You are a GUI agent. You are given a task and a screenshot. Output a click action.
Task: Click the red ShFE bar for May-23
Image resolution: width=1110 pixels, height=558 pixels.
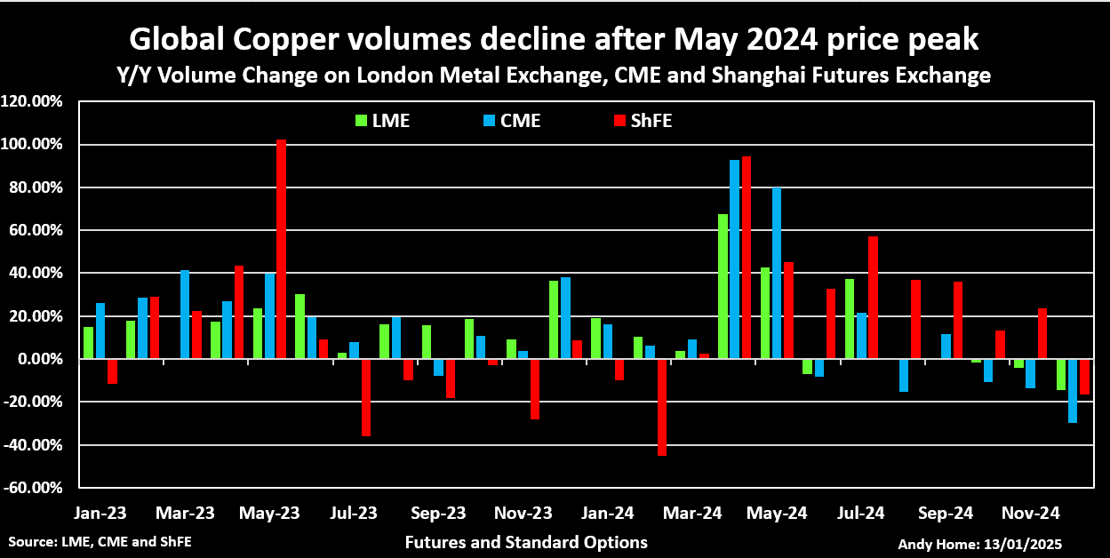tap(281, 249)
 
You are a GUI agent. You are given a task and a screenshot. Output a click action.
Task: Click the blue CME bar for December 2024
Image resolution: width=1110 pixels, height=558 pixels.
tap(1073, 391)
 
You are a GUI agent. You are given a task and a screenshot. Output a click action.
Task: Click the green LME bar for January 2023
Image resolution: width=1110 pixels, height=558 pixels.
tap(88, 343)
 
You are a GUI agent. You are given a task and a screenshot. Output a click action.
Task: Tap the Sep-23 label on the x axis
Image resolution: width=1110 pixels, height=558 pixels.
tap(439, 514)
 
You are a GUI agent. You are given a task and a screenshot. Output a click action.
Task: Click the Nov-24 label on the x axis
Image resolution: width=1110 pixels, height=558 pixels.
tap(1030, 514)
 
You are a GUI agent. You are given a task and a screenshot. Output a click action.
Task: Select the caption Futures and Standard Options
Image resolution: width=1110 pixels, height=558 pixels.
tap(526, 542)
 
